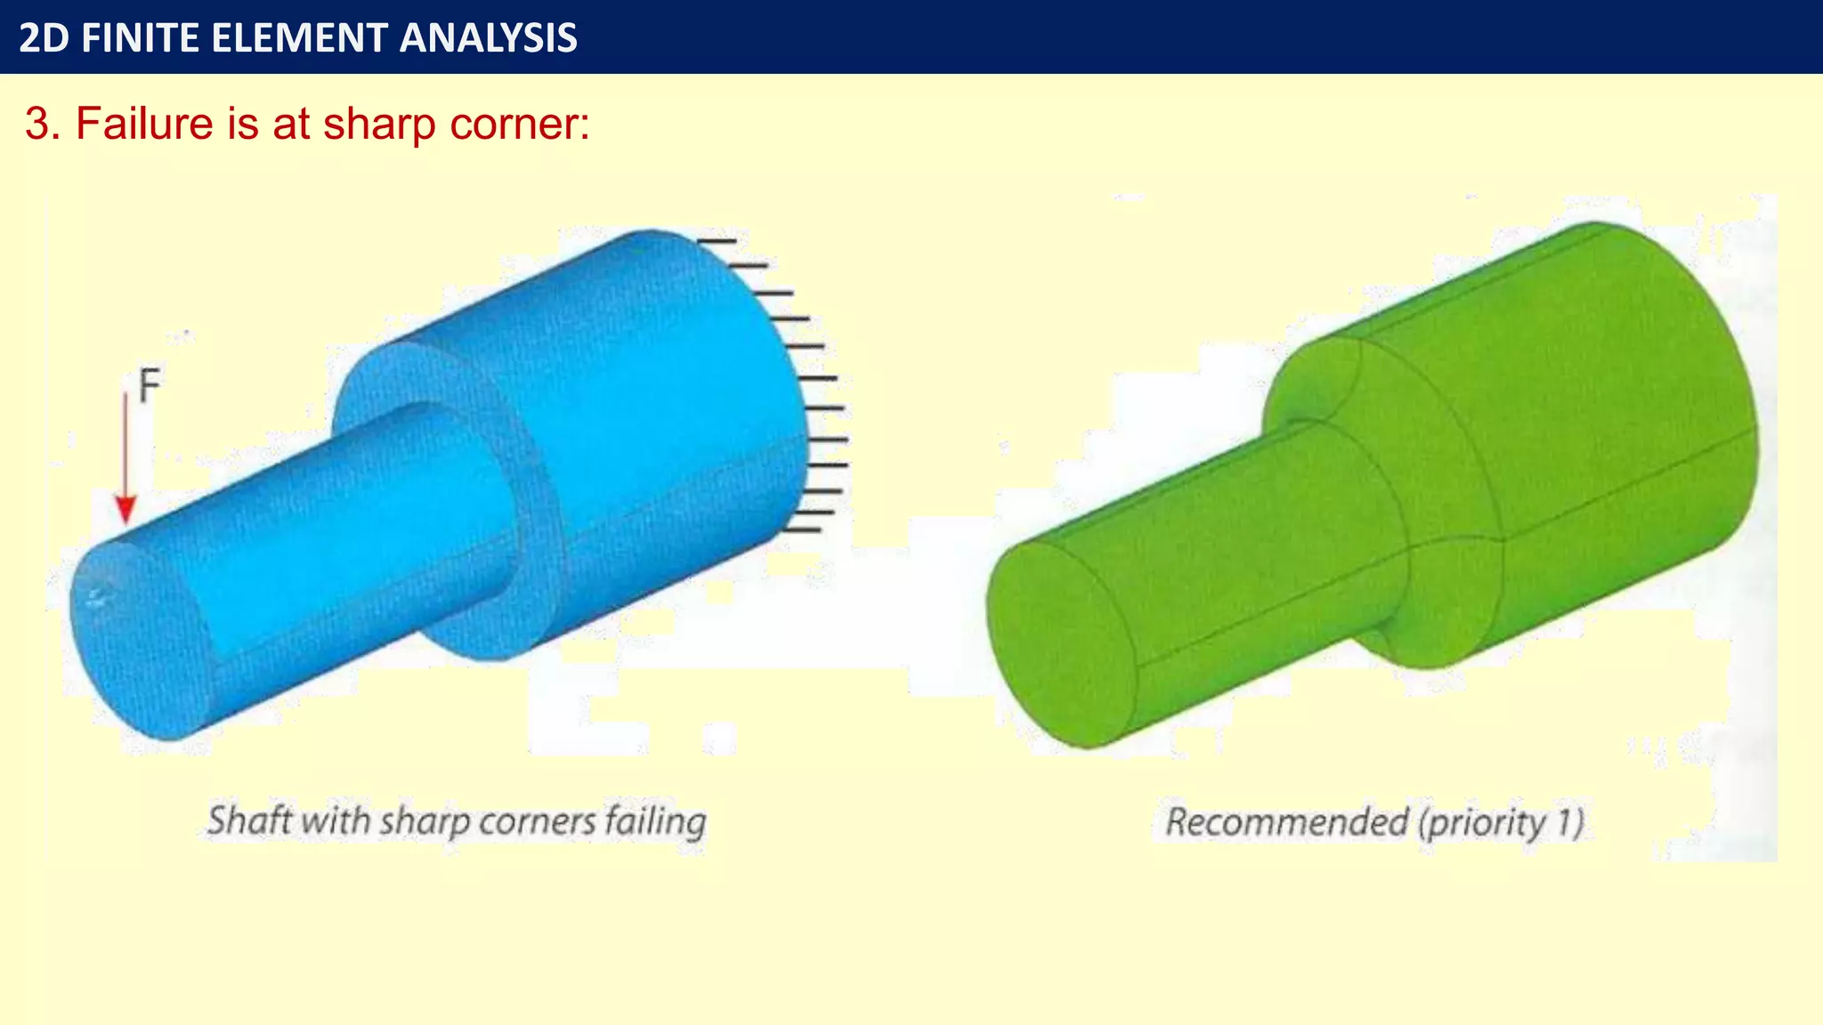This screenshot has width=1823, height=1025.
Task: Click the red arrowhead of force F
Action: tap(126, 511)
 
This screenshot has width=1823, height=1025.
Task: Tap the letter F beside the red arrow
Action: tap(150, 386)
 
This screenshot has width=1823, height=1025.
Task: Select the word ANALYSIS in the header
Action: tap(488, 38)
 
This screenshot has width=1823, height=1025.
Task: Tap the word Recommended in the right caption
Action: tap(1286, 821)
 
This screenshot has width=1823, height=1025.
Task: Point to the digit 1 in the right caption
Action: tap(1565, 821)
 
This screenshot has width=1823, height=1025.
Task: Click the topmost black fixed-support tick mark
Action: tap(717, 240)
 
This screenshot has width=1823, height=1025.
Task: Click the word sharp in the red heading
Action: tap(379, 123)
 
